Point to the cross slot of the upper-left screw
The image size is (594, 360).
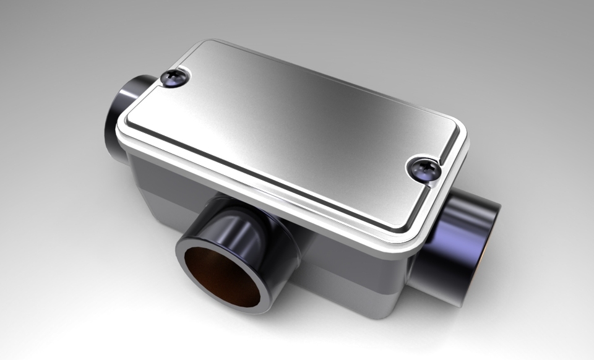174,77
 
